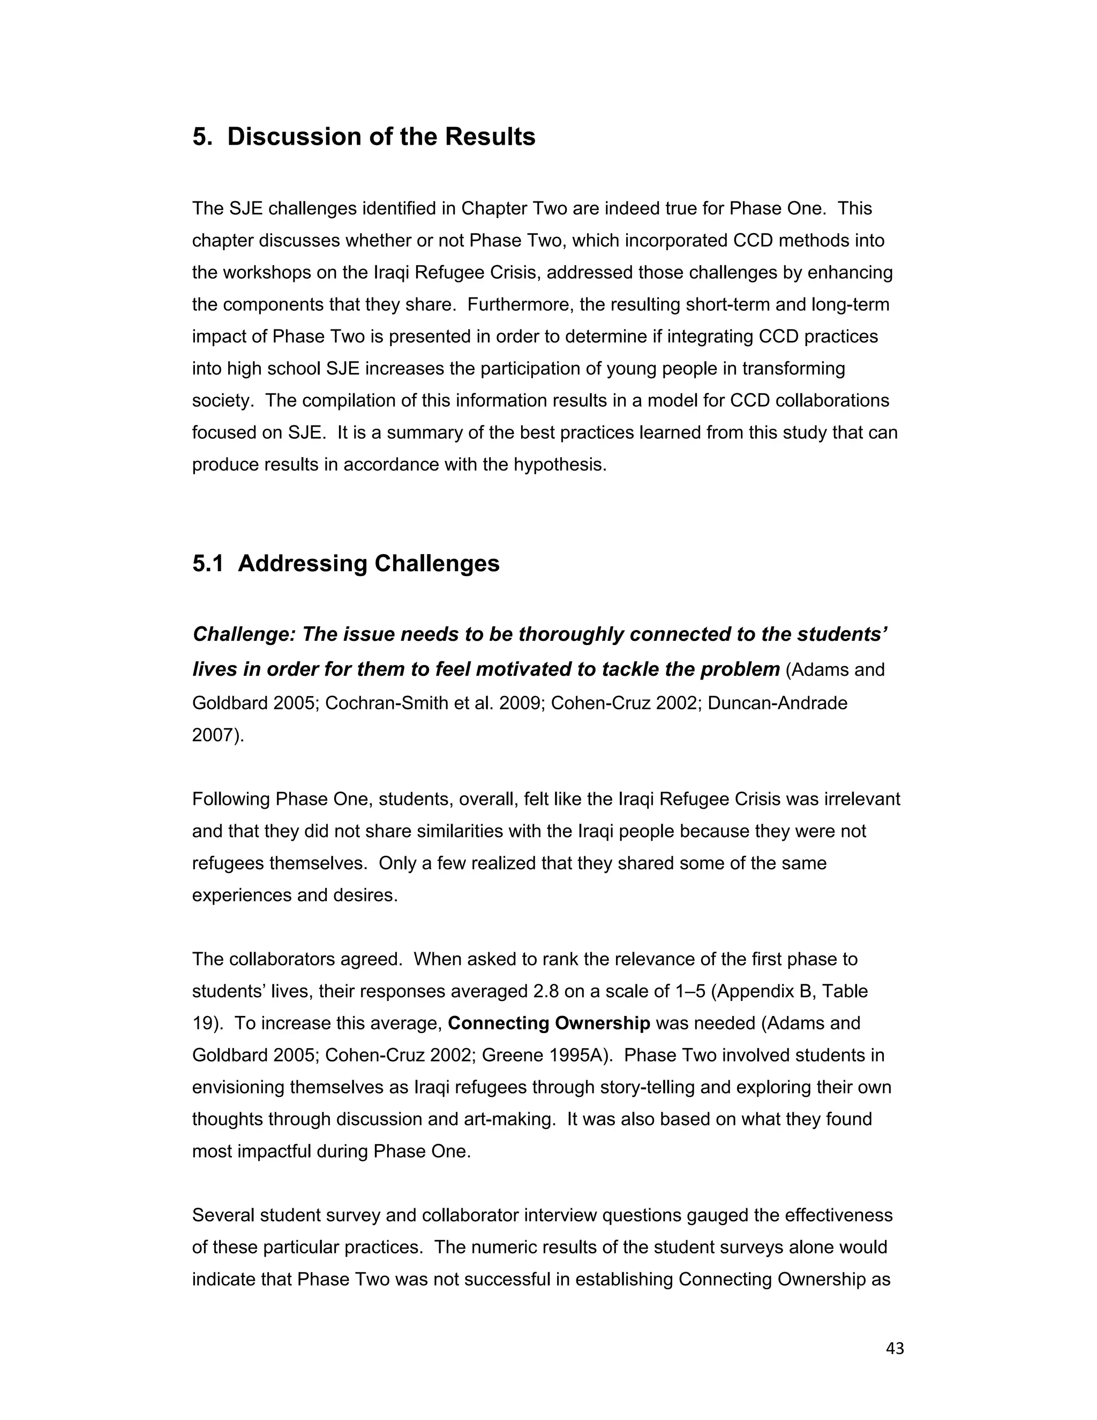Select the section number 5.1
pyautogui.click(x=208, y=563)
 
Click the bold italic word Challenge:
pyautogui.click(x=244, y=634)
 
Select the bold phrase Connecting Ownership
pyautogui.click(x=549, y=1023)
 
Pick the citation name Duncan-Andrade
pyautogui.click(x=777, y=703)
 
